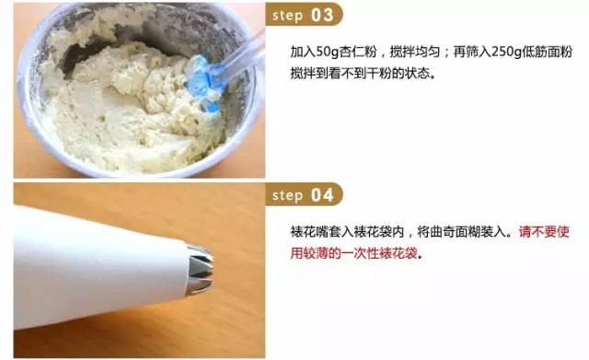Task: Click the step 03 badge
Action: [x=304, y=15]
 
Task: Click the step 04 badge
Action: [x=304, y=194]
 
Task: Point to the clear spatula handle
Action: [x=239, y=56]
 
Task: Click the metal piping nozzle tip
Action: [x=200, y=268]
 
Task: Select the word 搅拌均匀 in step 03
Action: [x=415, y=52]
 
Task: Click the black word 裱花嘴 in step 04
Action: [x=309, y=232]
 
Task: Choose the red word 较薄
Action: [x=316, y=253]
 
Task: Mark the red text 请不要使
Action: [x=544, y=232]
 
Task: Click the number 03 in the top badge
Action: [x=322, y=15]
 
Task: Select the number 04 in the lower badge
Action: [x=322, y=195]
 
